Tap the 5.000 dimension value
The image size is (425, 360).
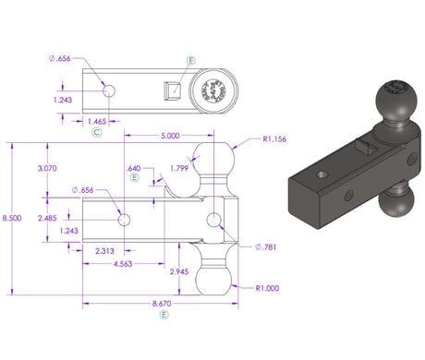tap(171, 135)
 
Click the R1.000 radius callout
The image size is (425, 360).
tap(269, 288)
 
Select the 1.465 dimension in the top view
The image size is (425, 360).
tap(96, 121)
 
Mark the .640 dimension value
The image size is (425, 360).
tap(133, 169)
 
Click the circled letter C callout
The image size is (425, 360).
tap(96, 133)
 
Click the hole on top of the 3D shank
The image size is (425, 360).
tap(322, 174)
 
